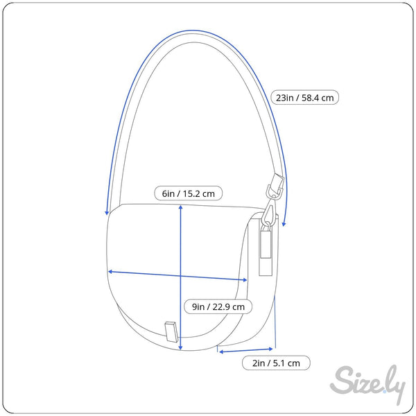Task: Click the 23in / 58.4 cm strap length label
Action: (304, 97)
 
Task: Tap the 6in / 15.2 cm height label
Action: (188, 193)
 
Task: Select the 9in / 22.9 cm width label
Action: (218, 306)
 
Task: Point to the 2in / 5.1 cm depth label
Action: (276, 363)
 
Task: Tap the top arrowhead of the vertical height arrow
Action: (180, 207)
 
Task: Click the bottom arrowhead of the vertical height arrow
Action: (180, 347)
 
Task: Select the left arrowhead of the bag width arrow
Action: (111, 272)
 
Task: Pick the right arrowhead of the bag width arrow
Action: (244, 279)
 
